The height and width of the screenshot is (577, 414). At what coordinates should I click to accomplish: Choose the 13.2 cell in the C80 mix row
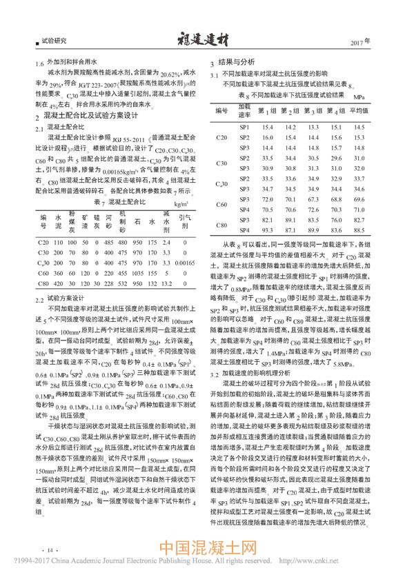[165, 283]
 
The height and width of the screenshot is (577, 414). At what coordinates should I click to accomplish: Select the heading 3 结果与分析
[236, 61]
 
